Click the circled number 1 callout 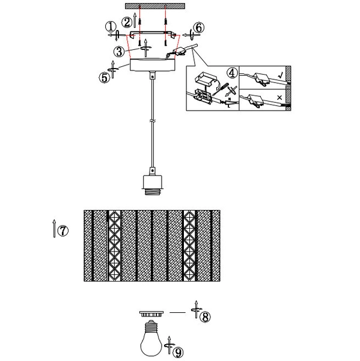coord(111,26)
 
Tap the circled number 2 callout coord(127,23)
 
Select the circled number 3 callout coord(119,51)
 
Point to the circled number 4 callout coord(232,73)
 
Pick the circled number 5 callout coord(105,78)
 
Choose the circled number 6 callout coord(199,28)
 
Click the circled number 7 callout coord(63,230)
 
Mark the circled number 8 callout coord(205,316)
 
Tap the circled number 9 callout coord(178,352)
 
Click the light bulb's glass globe coord(151,344)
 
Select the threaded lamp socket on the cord coord(153,185)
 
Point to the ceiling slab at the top coord(155,6)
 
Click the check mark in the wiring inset coord(281,75)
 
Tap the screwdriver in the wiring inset coord(220,89)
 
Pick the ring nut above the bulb coord(151,314)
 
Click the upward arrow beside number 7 coord(54,229)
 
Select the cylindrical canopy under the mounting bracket coord(153,65)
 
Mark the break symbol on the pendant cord coord(152,121)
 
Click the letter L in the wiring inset coord(228,106)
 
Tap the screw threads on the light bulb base coord(151,326)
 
